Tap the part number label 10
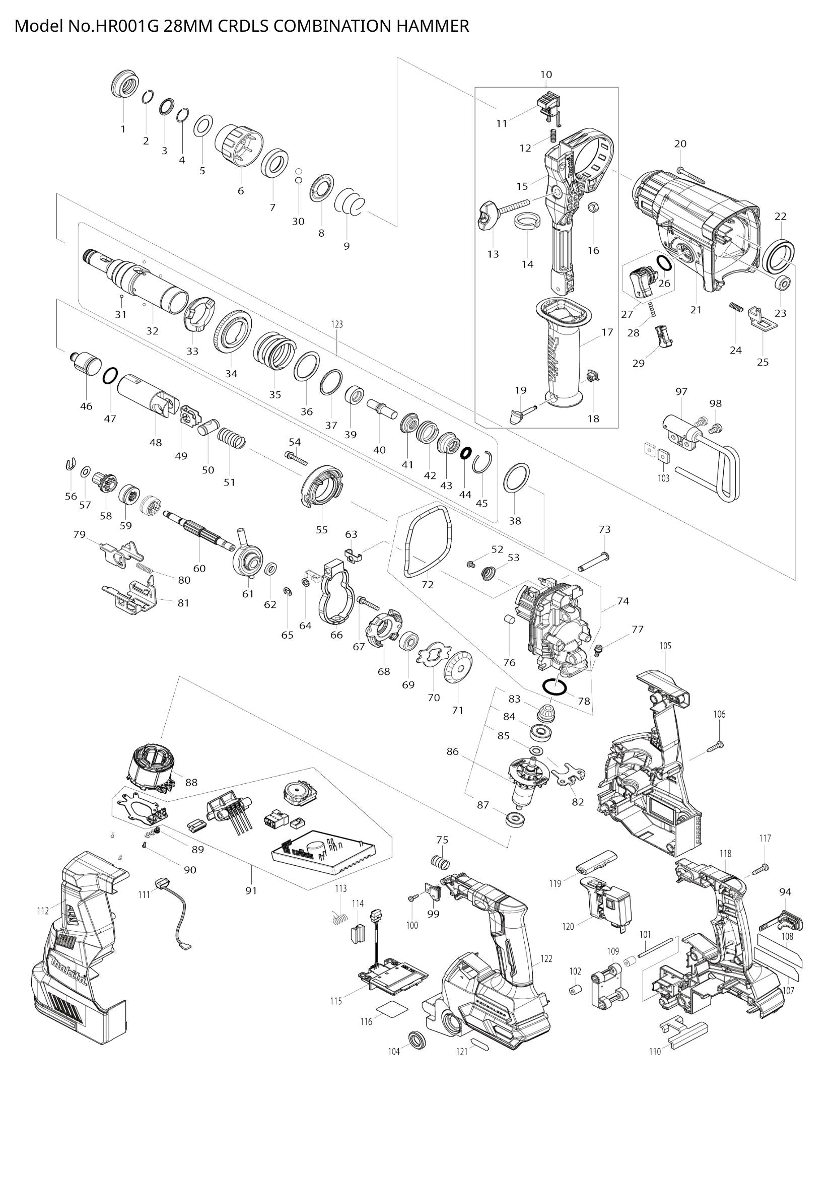[546, 75]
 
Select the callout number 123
[336, 324]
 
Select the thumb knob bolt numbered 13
[488, 215]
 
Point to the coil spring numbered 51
[232, 439]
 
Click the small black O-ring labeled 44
[466, 453]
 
